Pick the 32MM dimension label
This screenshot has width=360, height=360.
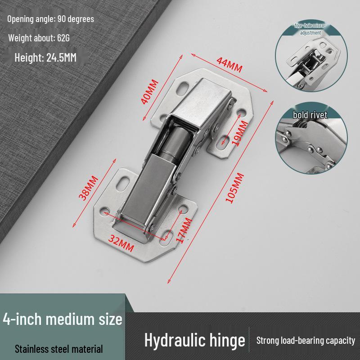(121, 246)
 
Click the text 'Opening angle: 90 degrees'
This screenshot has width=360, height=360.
(50, 19)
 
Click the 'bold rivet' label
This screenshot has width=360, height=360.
(310, 115)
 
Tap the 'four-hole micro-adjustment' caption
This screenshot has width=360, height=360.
(310, 29)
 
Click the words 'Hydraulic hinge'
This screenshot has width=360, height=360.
(194, 340)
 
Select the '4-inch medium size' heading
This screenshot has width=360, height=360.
(63, 319)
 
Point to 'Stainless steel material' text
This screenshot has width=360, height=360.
(59, 349)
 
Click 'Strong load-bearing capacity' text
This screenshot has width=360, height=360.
(306, 341)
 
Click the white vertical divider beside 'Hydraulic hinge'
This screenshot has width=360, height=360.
(249, 340)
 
